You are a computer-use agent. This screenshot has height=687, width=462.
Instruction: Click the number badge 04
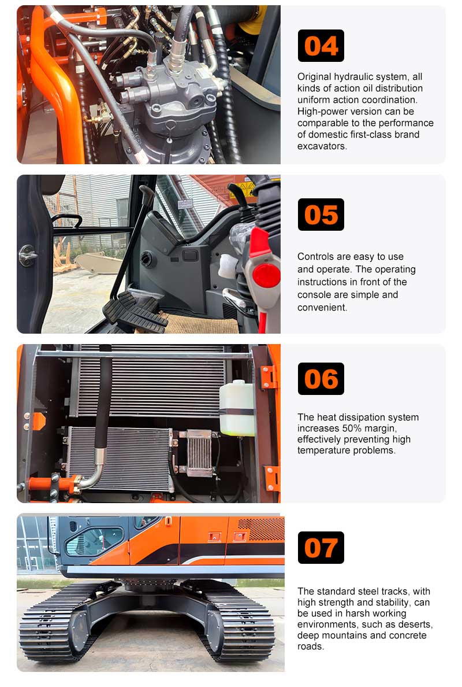coord(321,46)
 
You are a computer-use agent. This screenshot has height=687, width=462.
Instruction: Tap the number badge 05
coord(321,215)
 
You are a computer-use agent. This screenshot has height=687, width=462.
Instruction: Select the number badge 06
coord(321,379)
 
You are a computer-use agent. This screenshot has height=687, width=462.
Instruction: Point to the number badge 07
coord(321,548)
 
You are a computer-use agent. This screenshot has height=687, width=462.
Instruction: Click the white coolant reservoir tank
coord(237,408)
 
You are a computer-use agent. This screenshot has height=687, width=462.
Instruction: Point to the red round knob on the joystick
coord(266,275)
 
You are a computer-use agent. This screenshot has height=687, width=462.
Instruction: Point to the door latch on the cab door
coord(27,254)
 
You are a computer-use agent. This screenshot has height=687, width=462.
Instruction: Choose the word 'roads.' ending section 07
coord(311,647)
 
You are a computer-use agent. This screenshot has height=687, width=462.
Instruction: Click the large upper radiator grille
coord(150,382)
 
